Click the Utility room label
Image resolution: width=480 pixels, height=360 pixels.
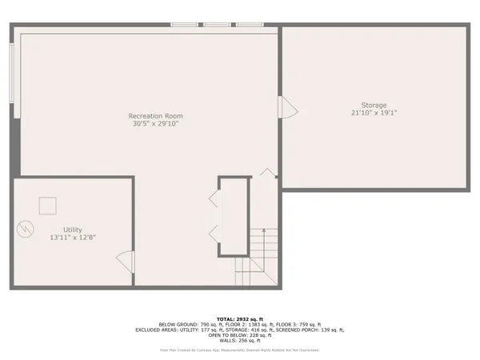tap(73, 230)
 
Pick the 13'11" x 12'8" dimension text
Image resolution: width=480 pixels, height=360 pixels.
tap(73, 238)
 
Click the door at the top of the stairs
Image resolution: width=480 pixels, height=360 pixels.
tap(266, 173)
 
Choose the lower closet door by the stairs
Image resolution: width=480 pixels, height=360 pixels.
tap(214, 231)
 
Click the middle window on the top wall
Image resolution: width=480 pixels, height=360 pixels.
tap(217, 26)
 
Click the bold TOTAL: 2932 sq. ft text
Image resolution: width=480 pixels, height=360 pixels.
tap(239, 318)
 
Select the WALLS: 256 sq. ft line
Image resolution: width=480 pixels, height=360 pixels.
tap(239, 340)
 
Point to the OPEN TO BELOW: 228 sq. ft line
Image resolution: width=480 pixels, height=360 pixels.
tap(239, 334)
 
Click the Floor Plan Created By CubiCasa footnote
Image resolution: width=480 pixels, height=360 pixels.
tap(239, 349)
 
